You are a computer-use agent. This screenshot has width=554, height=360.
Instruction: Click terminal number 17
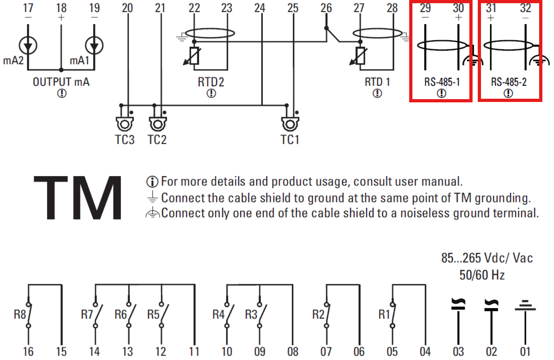click(x=28, y=8)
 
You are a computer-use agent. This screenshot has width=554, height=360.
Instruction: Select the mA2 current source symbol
click(x=28, y=45)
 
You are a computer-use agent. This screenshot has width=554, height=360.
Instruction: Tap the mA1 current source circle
click(x=94, y=45)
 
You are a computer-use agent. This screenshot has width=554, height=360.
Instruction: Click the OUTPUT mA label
click(x=61, y=82)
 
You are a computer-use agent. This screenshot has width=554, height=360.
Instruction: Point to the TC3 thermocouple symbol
click(x=125, y=124)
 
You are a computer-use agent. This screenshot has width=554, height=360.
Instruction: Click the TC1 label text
click(x=290, y=140)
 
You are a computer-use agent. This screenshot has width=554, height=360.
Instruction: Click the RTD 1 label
click(x=377, y=82)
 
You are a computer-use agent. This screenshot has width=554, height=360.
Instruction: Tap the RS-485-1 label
click(x=442, y=82)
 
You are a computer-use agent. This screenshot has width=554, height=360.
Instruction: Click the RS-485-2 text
click(x=509, y=82)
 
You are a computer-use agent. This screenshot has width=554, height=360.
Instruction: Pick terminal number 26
click(x=326, y=8)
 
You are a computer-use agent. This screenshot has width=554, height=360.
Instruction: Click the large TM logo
click(x=77, y=198)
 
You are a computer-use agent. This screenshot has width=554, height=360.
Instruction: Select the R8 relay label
click(x=20, y=315)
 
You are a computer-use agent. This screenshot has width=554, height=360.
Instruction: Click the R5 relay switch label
click(x=153, y=315)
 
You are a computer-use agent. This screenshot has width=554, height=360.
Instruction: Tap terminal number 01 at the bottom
click(x=525, y=352)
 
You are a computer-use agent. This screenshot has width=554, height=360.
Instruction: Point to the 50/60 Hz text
click(x=482, y=275)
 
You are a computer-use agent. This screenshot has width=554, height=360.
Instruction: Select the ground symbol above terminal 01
click(x=525, y=305)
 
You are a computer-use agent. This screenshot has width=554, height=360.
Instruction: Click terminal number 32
click(x=526, y=8)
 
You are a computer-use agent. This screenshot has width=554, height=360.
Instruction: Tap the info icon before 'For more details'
click(x=152, y=182)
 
